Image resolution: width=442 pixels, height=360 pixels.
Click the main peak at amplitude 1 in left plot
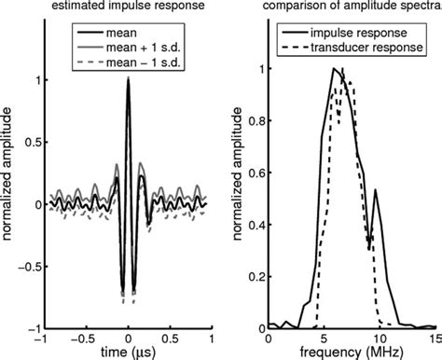[x=129, y=80]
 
